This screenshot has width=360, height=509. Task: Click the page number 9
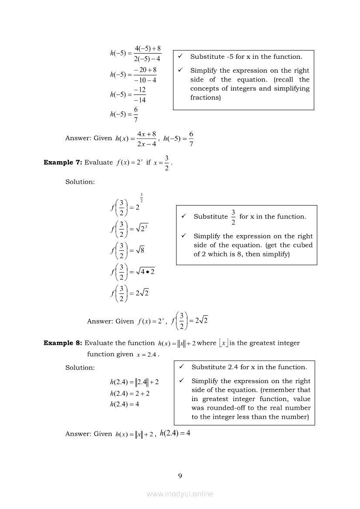click(x=180, y=475)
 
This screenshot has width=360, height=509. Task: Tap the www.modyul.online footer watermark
click(x=180, y=494)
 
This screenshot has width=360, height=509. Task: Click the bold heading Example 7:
click(x=63, y=162)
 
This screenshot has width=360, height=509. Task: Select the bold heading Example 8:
click(x=63, y=343)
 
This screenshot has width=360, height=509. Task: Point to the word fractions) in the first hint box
click(x=206, y=98)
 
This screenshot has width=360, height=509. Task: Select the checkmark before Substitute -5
click(x=180, y=57)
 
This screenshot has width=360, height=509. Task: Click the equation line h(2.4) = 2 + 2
click(x=130, y=393)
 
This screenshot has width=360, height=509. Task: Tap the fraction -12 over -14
click(x=140, y=94)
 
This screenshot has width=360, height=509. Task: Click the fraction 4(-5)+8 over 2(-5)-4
click(x=148, y=53)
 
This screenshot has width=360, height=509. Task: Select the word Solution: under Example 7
click(x=80, y=182)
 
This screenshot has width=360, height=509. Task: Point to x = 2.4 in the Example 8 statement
click(x=146, y=355)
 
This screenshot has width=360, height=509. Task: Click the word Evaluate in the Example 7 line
click(x=98, y=162)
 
